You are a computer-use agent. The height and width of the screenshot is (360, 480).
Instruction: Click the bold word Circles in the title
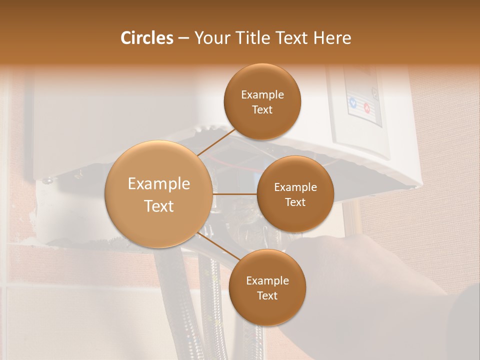146,38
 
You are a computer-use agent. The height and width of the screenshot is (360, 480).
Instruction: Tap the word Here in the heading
332,38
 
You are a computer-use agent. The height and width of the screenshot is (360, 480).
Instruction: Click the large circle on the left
158,194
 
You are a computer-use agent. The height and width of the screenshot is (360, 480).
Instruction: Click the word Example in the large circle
158,183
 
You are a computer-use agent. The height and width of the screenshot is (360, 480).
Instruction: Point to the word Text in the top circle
262,110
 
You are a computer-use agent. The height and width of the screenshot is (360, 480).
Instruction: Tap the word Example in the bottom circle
267,280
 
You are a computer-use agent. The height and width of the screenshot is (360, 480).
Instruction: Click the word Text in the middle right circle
295,202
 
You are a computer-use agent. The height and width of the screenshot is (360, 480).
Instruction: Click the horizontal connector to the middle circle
235,194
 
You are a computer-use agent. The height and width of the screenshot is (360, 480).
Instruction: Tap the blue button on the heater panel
353,103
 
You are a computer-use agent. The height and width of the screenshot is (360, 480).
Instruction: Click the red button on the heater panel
366,107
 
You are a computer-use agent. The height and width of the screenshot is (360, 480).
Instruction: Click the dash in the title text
183,38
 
